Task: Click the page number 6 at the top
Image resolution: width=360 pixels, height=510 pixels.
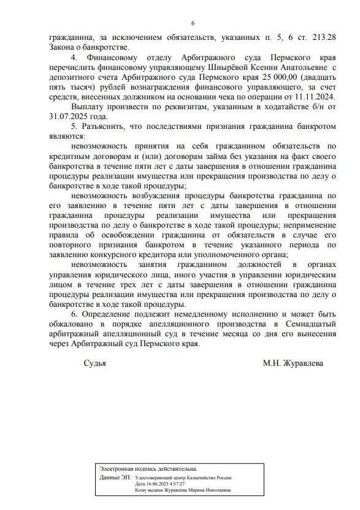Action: pos(193,23)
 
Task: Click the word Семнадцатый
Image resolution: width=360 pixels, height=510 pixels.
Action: pos(310,323)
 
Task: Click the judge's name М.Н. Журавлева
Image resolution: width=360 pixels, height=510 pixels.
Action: pos(293,363)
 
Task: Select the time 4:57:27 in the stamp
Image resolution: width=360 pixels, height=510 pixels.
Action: pos(174,484)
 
